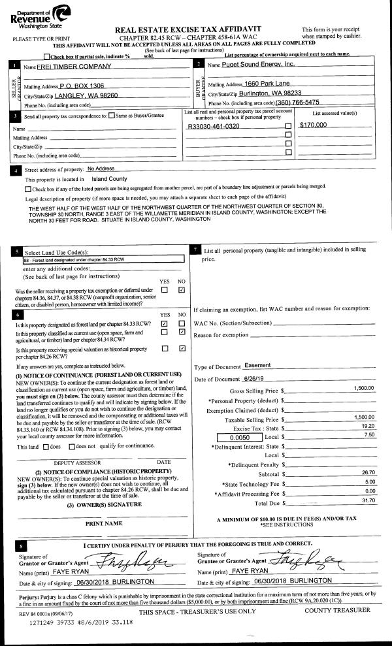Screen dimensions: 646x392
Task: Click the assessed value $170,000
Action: point(313,125)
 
